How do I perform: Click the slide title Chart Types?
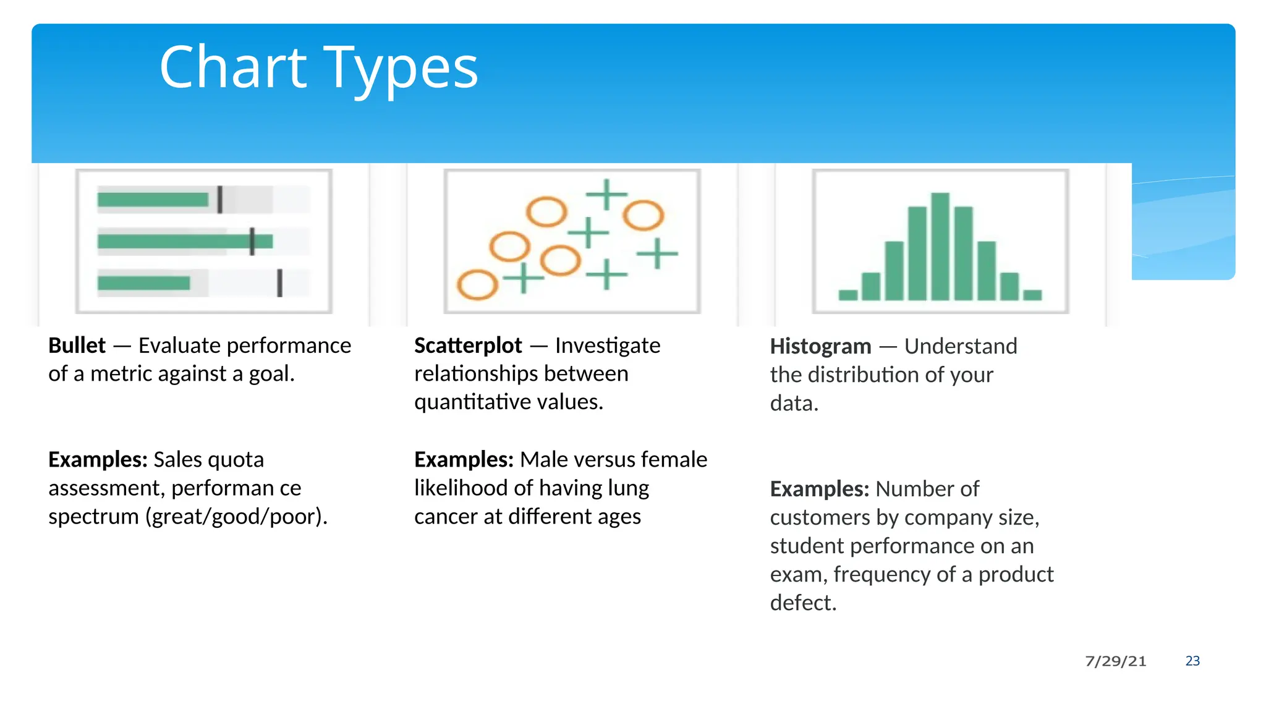318,68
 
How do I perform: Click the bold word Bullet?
77,345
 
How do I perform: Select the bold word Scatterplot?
468,345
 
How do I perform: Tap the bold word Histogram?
820,346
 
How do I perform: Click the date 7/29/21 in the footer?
1115,661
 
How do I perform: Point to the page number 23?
1192,661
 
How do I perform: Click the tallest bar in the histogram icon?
940,246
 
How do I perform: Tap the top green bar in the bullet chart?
153,200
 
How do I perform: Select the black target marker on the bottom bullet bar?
279,283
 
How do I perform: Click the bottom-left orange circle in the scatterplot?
477,285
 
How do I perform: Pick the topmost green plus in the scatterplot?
606,194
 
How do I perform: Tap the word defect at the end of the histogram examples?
802,603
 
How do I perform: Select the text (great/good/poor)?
236,517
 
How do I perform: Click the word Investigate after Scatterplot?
607,345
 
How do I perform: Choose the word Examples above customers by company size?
819,489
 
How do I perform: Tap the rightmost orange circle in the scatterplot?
643,215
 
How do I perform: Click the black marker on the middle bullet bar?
252,241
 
